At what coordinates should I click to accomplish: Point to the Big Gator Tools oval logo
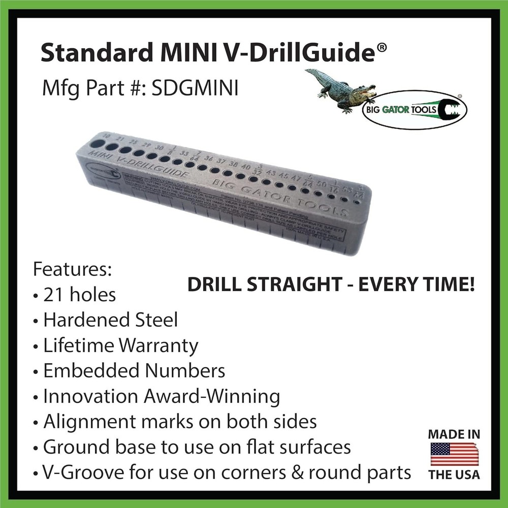pyautogui.click(x=414, y=110)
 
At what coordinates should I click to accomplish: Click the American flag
pyautogui.click(x=454, y=454)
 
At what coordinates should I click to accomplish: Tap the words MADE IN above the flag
pyautogui.click(x=454, y=434)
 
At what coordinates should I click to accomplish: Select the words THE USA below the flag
pyautogui.click(x=454, y=475)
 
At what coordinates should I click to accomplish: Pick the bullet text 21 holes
pyautogui.click(x=79, y=294)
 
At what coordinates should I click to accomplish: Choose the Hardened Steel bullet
pyautogui.click(x=110, y=320)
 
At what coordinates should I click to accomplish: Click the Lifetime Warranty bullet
pyautogui.click(x=120, y=345)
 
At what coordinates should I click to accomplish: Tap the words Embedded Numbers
pyautogui.click(x=134, y=371)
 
